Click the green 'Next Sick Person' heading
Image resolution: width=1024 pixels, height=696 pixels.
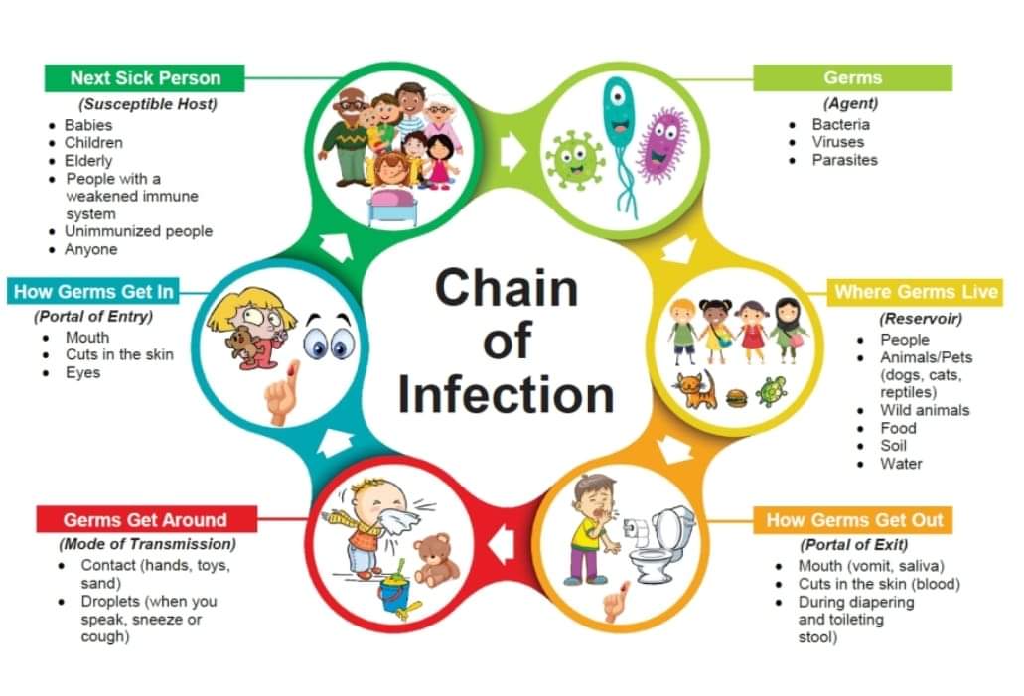coord(145,78)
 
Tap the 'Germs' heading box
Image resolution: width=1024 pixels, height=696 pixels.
coord(852,78)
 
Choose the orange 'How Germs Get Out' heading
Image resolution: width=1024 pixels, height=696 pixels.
coord(854,520)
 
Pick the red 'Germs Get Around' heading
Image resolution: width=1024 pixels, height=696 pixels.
coord(145,520)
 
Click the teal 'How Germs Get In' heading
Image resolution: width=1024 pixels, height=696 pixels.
coord(94,291)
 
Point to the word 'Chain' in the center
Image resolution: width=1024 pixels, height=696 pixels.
coord(506,289)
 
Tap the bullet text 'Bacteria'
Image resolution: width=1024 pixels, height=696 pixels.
coord(840,124)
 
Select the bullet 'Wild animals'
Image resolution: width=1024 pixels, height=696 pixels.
coord(925,410)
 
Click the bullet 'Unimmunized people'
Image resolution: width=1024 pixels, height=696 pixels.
coord(138,231)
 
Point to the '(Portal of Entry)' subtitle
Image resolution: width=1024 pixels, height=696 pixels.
coord(93,317)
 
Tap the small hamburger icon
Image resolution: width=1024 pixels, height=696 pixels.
coord(736,398)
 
